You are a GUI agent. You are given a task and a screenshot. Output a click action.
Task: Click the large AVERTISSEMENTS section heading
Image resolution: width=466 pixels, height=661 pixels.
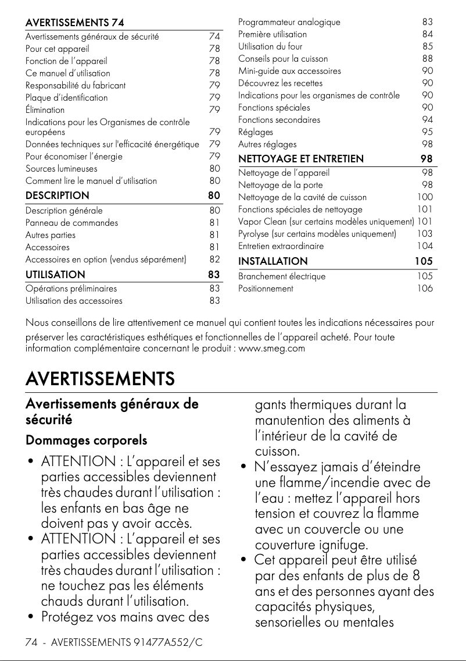pos(100,379)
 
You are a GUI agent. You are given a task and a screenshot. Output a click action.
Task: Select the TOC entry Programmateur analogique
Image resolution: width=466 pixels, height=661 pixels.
pos(289,22)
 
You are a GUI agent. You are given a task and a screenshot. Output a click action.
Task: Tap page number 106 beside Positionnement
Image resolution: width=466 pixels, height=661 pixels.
pos(425,289)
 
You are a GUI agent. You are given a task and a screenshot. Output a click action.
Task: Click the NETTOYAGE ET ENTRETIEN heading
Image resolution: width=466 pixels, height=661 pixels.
pos(301,159)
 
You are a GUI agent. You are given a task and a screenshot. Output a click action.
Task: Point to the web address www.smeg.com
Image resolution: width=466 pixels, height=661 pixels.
pos(272,349)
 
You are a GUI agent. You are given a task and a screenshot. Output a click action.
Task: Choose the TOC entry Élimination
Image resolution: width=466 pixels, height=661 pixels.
pos(45,110)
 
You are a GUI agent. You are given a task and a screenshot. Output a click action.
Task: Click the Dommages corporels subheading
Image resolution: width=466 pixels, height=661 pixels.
pos(86,440)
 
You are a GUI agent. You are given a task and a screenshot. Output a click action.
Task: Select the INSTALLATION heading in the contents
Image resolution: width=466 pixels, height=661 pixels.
pos(273,261)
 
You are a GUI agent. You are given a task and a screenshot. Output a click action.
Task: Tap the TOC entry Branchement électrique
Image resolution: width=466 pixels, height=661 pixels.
pos(282,276)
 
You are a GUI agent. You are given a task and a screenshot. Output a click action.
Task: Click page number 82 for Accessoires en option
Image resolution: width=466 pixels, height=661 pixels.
pos(214,260)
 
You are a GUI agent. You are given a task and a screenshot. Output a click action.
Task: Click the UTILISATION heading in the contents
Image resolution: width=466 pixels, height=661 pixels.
pos(55,274)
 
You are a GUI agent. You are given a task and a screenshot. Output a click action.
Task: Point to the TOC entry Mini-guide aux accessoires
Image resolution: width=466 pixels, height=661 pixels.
pos(289,71)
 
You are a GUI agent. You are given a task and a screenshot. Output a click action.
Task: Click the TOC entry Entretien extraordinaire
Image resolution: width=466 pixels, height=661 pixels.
pos(281,246)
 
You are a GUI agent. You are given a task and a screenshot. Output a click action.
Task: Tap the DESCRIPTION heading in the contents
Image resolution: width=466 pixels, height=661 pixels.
pos(57,196)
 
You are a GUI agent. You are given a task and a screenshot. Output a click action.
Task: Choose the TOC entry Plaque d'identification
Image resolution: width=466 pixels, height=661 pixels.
pos(66,98)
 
